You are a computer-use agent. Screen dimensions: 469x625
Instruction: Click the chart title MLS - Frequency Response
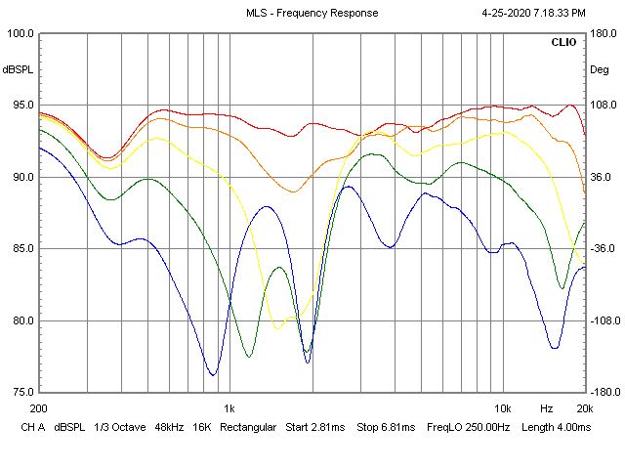(x=311, y=13)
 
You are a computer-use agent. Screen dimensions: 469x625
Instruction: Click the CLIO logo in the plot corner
(x=563, y=43)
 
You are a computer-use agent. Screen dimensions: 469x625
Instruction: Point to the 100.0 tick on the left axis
(x=21, y=33)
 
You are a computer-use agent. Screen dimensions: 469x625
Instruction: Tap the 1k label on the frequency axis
(x=229, y=407)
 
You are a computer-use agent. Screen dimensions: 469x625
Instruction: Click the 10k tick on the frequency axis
(x=502, y=407)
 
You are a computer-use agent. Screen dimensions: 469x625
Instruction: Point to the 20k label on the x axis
(x=583, y=407)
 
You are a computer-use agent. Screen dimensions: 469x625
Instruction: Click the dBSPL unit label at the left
(x=19, y=70)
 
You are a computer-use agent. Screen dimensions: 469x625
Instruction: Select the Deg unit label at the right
(x=599, y=70)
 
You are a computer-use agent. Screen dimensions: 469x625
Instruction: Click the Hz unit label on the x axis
(x=547, y=407)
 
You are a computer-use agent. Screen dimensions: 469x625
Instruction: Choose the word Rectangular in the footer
(x=247, y=428)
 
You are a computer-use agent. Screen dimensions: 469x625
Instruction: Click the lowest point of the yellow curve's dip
(x=278, y=328)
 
